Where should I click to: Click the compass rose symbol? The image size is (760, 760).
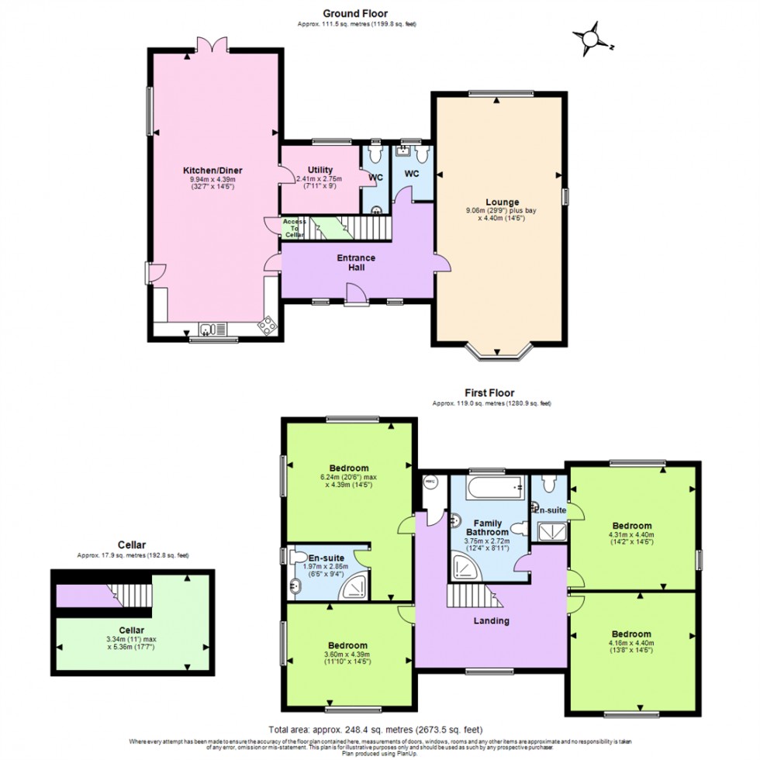(x=592, y=39)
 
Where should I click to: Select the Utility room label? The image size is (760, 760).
(x=320, y=170)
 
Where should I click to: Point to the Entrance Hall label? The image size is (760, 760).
(x=356, y=262)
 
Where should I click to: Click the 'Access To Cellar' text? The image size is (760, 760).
(x=294, y=228)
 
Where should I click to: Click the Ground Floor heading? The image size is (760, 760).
(x=356, y=13)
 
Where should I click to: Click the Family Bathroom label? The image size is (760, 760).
(x=490, y=527)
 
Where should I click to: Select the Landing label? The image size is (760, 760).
(x=491, y=620)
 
